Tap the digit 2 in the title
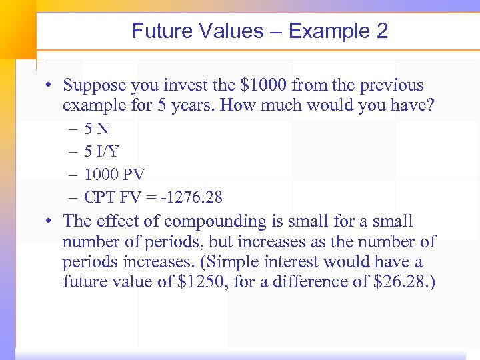[381, 31]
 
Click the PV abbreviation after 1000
[134, 174]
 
